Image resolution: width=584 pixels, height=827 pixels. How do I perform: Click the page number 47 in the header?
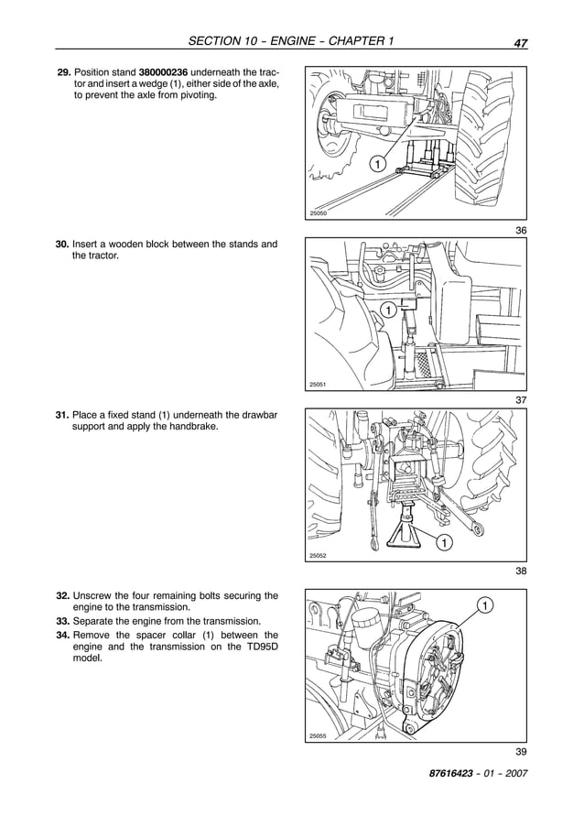point(519,42)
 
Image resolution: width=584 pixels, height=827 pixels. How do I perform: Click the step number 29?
point(63,71)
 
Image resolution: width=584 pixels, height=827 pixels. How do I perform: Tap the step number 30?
point(63,245)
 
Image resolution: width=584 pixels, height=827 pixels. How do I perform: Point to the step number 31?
point(63,416)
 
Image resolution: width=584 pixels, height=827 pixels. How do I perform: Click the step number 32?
point(63,595)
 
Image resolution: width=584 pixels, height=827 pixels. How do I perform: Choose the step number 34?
point(63,635)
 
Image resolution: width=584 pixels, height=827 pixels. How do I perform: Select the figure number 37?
point(520,400)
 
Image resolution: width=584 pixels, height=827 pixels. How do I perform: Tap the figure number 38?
point(520,571)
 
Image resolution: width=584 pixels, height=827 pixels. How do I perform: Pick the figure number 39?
point(520,752)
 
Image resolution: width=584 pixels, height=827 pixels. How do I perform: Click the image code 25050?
point(319,213)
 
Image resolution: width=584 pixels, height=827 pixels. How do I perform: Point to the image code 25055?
point(319,735)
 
